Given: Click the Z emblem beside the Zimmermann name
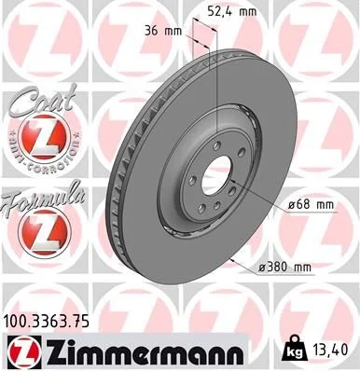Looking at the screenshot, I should click(x=23, y=351).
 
